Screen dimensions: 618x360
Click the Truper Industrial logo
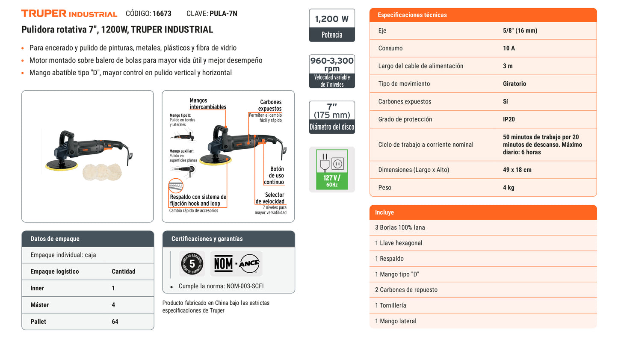(69, 13)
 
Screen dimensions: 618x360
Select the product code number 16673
(162, 14)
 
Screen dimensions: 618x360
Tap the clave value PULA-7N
(223, 14)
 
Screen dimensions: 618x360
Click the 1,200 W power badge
(332, 25)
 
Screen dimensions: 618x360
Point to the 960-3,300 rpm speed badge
(332, 71)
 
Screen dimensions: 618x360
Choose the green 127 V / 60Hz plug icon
(332, 169)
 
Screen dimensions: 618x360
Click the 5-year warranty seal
(192, 264)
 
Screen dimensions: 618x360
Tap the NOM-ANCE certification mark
(237, 264)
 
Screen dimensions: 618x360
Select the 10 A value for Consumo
(509, 48)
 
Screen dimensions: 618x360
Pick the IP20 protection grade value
(509, 119)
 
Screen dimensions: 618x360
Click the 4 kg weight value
(509, 188)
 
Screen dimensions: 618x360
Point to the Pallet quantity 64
(115, 322)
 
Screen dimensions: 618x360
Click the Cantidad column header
(123, 271)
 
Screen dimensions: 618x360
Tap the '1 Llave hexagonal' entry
(399, 243)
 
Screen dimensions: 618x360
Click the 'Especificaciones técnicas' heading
(412, 15)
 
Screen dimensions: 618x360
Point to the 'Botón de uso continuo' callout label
(274, 175)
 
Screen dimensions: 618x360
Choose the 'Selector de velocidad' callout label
(270, 198)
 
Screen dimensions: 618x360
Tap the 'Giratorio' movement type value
(514, 83)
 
